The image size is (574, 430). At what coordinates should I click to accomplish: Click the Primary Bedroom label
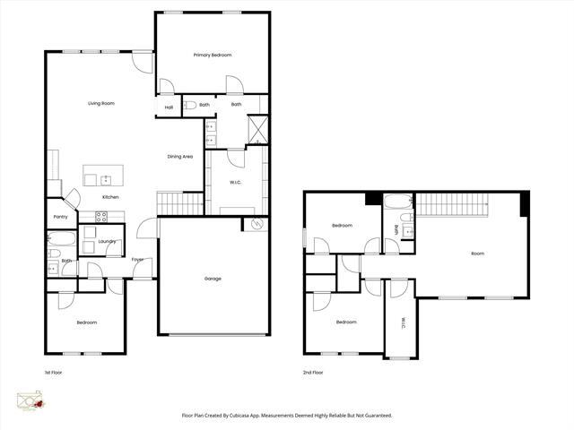coord(213,56)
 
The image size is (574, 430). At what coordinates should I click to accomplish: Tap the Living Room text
coord(100,104)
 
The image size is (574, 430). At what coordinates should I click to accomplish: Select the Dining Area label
coord(180,157)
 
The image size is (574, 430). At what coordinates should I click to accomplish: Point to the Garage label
coord(213,279)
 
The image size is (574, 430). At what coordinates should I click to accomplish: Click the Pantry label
coord(61,217)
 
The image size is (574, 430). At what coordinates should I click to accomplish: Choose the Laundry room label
coord(108,241)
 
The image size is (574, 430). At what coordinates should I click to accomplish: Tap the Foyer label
coord(138,260)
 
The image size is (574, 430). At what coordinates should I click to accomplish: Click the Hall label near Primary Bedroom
coord(169,107)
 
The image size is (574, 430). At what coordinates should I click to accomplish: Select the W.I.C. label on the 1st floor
coord(236,183)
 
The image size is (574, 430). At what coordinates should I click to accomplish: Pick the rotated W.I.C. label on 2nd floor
coord(403,322)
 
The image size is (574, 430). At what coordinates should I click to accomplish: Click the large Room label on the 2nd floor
coord(477,254)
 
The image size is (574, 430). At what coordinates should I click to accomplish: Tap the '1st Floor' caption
coord(54,372)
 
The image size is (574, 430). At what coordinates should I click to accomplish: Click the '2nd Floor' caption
coord(313,372)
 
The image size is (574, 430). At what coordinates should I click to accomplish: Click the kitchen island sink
coord(105,180)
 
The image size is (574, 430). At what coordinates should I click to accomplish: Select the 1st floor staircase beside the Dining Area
coord(181,203)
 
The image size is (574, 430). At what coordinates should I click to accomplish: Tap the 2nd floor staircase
coord(452,205)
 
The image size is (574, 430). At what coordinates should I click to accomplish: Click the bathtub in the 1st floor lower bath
coord(62,239)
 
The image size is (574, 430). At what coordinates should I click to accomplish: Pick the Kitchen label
coord(110,197)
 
